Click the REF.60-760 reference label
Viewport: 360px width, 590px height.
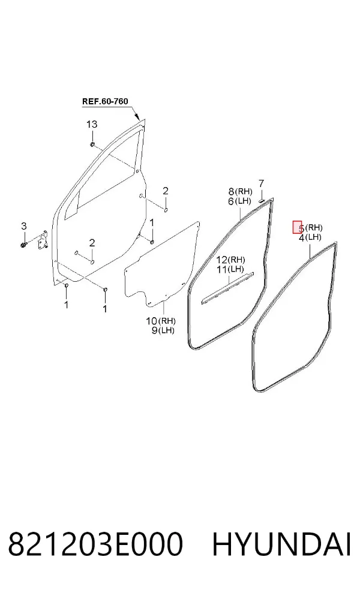click(x=105, y=101)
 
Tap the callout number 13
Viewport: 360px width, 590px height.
click(x=92, y=124)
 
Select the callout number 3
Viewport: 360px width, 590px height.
click(x=24, y=226)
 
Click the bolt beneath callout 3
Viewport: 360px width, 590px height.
click(x=23, y=245)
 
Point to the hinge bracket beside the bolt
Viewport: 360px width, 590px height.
click(x=41, y=240)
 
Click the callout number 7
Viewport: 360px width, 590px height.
click(x=262, y=183)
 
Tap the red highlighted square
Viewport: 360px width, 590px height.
click(x=298, y=227)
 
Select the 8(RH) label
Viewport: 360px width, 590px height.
click(x=240, y=191)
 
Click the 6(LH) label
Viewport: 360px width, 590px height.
click(x=239, y=201)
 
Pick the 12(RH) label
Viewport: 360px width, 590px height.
click(x=230, y=260)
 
